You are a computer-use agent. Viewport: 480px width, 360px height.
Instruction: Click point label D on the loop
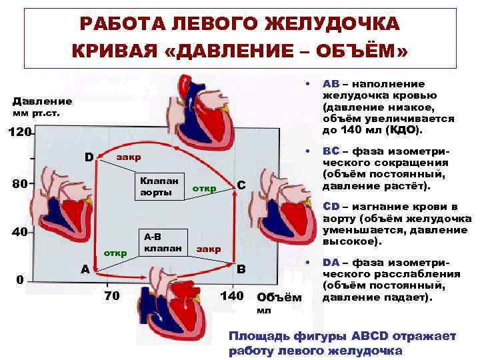pyautogui.click(x=89, y=157)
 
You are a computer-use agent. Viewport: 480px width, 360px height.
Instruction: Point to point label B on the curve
pyautogui.click(x=241, y=269)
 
